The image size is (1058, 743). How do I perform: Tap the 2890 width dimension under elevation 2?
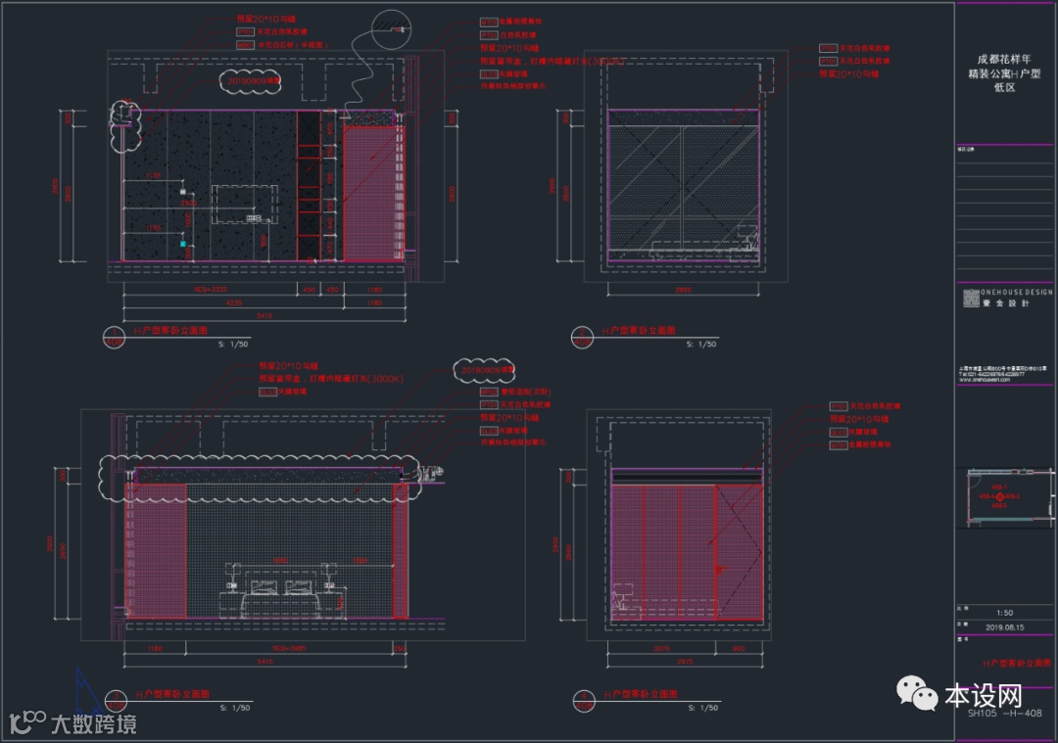click(x=684, y=290)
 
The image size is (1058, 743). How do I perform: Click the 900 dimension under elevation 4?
click(x=738, y=647)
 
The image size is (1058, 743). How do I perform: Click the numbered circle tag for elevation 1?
click(x=116, y=337)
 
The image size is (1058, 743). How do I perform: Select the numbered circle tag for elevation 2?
click(x=582, y=337)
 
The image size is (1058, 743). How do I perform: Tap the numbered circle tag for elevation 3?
click(x=116, y=699)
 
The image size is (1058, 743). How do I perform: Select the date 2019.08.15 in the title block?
click(x=1004, y=627)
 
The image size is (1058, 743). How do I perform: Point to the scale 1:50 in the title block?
click(x=1003, y=612)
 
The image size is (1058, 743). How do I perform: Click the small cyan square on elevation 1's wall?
click(x=182, y=243)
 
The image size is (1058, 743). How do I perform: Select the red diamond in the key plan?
click(x=999, y=496)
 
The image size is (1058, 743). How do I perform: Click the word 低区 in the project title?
click(x=1003, y=87)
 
